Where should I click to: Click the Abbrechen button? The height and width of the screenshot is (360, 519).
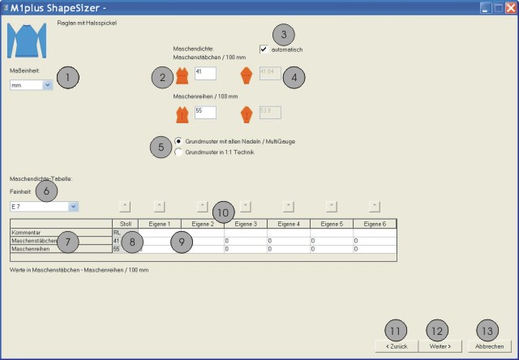coord(489,345)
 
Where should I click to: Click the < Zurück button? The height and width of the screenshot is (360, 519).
coord(394,345)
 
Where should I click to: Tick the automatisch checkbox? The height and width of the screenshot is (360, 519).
coord(264,49)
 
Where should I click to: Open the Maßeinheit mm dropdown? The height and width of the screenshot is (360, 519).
coord(48,84)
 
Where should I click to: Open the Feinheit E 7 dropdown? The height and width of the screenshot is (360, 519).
coord(73,207)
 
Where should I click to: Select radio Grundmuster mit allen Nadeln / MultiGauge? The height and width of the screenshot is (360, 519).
coord(178,141)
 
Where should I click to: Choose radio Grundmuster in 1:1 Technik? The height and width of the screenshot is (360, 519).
coord(178,152)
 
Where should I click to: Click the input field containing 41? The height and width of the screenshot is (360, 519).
coord(204,74)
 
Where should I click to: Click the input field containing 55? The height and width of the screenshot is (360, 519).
coord(204,112)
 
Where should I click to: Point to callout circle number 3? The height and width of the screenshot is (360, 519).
coord(283,35)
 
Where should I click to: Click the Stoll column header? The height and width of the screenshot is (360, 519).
coord(125,223)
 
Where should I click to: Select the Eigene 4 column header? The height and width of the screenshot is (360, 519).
coord(289,223)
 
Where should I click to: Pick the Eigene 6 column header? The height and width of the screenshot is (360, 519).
coord(375,223)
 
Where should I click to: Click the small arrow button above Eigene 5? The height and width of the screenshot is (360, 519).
coord(331,205)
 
